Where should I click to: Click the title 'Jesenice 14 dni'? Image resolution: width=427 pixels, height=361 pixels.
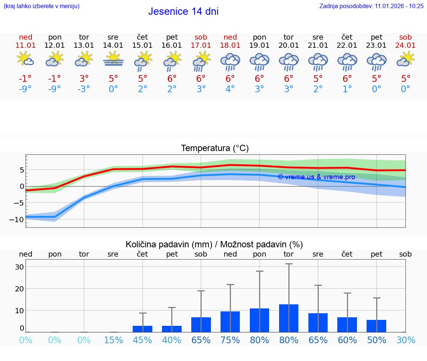click(183, 11)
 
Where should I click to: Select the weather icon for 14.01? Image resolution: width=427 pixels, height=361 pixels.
click(113, 59)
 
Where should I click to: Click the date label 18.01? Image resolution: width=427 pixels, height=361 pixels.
click(230, 45)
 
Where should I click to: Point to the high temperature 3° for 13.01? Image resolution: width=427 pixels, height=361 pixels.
click(84, 78)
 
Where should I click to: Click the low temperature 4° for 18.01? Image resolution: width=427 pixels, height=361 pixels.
click(230, 89)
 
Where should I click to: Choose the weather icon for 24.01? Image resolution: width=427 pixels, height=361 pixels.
click(406, 59)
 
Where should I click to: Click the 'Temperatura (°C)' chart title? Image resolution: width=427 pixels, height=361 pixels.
click(215, 148)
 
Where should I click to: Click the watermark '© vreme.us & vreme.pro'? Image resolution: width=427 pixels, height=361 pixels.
click(316, 177)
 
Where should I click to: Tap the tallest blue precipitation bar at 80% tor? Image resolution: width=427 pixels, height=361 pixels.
click(289, 318)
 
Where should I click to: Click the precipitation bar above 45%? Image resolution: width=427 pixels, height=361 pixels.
click(143, 329)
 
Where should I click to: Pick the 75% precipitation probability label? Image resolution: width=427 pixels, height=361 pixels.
click(230, 340)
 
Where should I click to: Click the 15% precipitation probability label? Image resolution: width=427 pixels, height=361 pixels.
click(113, 340)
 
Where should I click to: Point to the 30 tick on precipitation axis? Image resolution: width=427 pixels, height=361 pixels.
click(19, 267)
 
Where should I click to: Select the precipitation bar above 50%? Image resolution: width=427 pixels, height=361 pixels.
click(377, 326)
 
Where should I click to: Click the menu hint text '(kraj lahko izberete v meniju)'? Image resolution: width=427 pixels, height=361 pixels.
click(41, 6)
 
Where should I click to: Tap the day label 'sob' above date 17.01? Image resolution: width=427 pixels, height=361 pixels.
click(201, 37)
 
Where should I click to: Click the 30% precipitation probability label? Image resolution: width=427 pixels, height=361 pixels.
click(406, 340)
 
